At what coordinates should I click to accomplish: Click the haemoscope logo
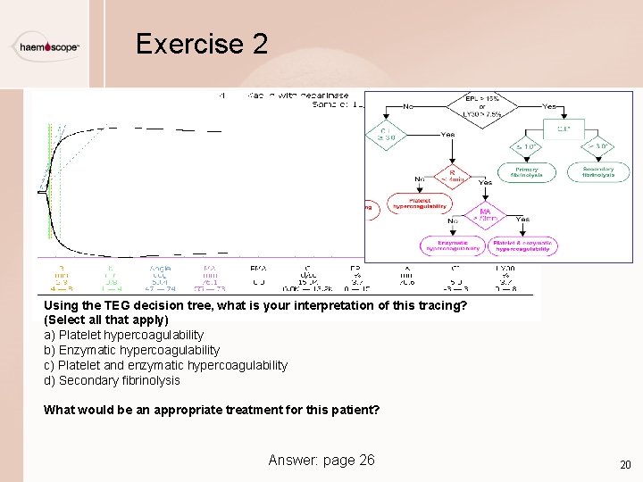[x=48, y=47]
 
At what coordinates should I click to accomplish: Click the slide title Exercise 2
[x=201, y=44]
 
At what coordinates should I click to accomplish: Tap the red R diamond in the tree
[x=453, y=175]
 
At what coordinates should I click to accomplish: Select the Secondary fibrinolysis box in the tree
[x=597, y=171]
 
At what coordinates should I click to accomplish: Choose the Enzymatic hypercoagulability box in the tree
[x=453, y=245]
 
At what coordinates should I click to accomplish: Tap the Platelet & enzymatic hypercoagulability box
[x=525, y=245]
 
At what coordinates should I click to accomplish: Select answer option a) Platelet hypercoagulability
[x=124, y=335]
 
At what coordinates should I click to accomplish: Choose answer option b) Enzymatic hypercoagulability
[x=131, y=350]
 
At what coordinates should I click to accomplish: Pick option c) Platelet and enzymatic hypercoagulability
[x=165, y=365]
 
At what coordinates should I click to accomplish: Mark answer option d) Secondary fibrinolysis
[x=112, y=380]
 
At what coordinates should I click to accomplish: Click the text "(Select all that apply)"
[x=105, y=320]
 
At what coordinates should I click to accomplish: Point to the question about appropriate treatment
[x=212, y=411]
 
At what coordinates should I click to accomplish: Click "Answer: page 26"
[x=321, y=460]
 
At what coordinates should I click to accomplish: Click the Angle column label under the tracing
[x=161, y=266]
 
